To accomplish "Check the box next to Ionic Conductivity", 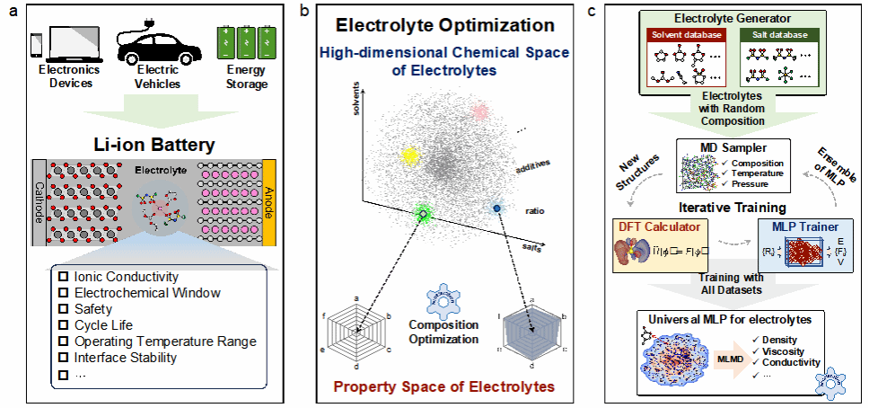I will [x=64, y=277].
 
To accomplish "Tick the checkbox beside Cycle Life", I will [x=64, y=325].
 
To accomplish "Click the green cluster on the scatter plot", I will [x=423, y=213].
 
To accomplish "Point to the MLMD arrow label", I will [x=728, y=362].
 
